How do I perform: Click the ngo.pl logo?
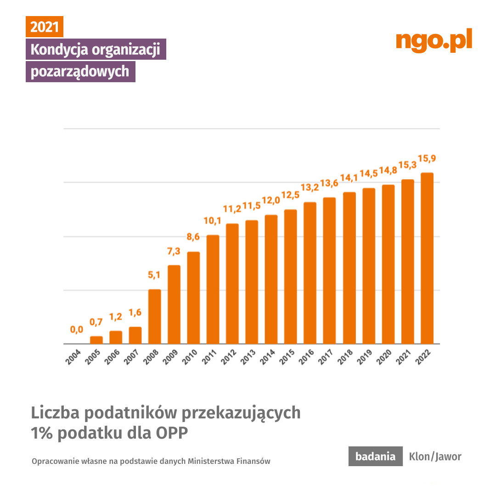(434, 40)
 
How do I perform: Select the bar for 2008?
(155, 316)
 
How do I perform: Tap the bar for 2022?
(427, 258)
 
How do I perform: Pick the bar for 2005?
(96, 340)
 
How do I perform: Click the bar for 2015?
(291, 276)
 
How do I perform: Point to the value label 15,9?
(427, 158)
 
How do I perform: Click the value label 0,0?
(77, 329)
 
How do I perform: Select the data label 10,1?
(213, 221)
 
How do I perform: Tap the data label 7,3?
(174, 251)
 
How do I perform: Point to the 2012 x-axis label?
(229, 357)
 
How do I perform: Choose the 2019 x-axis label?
(365, 357)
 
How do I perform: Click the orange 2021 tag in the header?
(45, 27)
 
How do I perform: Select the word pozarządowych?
(80, 72)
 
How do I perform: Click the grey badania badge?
(375, 457)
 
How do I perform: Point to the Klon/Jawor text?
(435, 457)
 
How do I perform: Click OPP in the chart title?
(173, 433)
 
